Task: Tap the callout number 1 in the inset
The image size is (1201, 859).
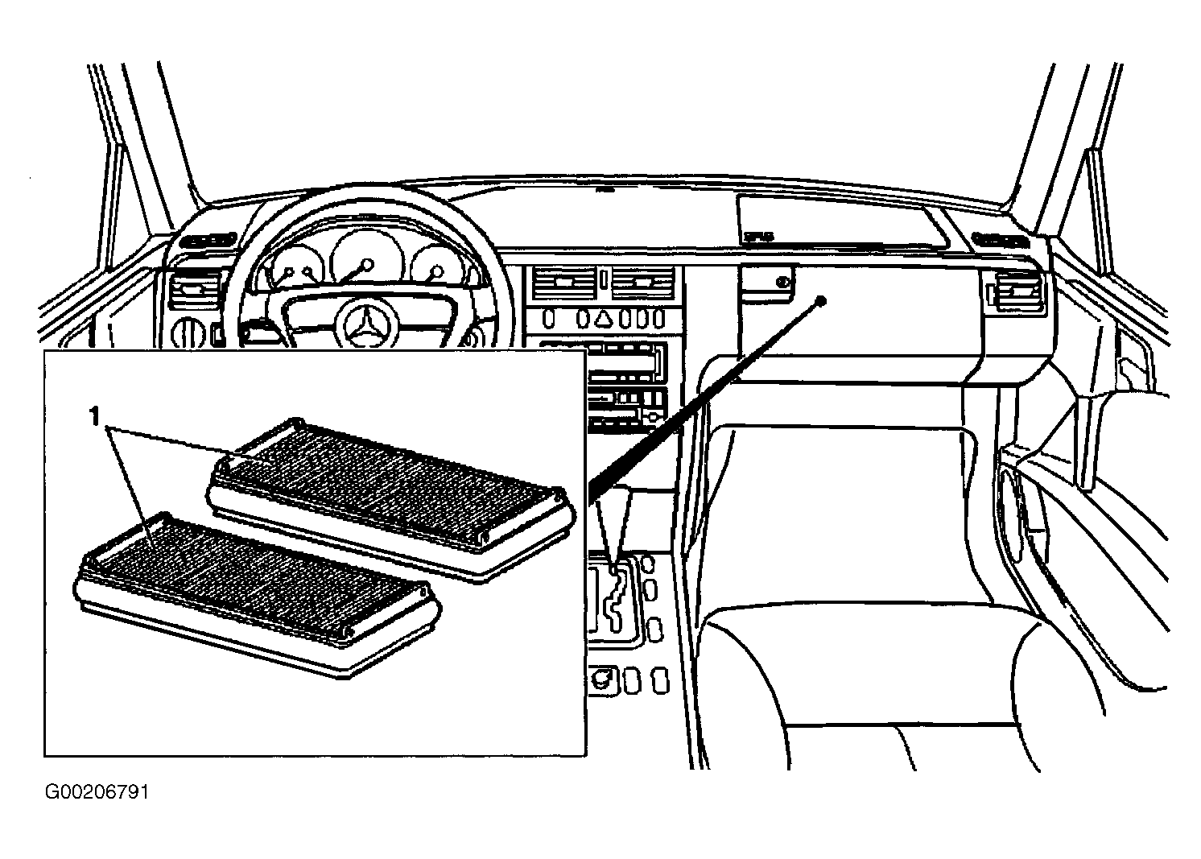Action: (95, 416)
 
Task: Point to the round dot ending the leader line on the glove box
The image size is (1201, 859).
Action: (820, 301)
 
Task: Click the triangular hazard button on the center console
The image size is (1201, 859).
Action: (603, 318)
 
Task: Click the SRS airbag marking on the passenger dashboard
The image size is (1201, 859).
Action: (754, 237)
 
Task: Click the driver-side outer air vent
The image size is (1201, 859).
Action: (193, 291)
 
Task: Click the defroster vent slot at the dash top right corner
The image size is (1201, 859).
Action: (998, 238)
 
